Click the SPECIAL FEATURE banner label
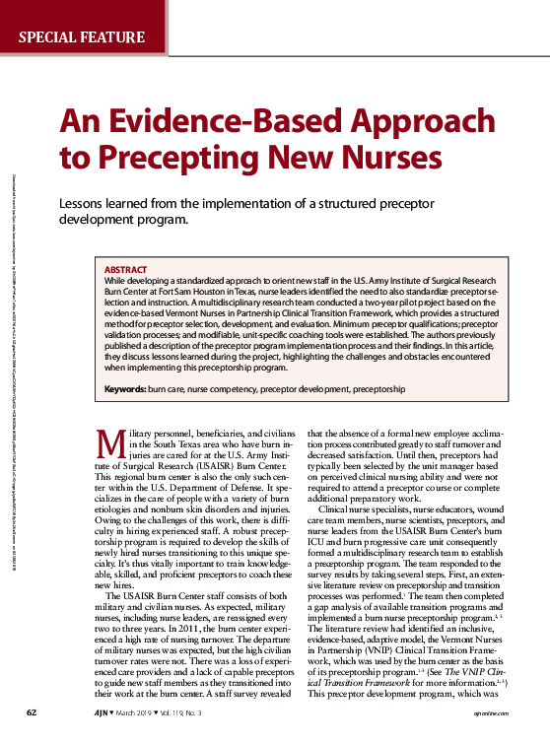(x=82, y=38)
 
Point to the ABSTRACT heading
(x=125, y=269)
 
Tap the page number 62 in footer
(x=32, y=711)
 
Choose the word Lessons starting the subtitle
(x=86, y=202)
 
